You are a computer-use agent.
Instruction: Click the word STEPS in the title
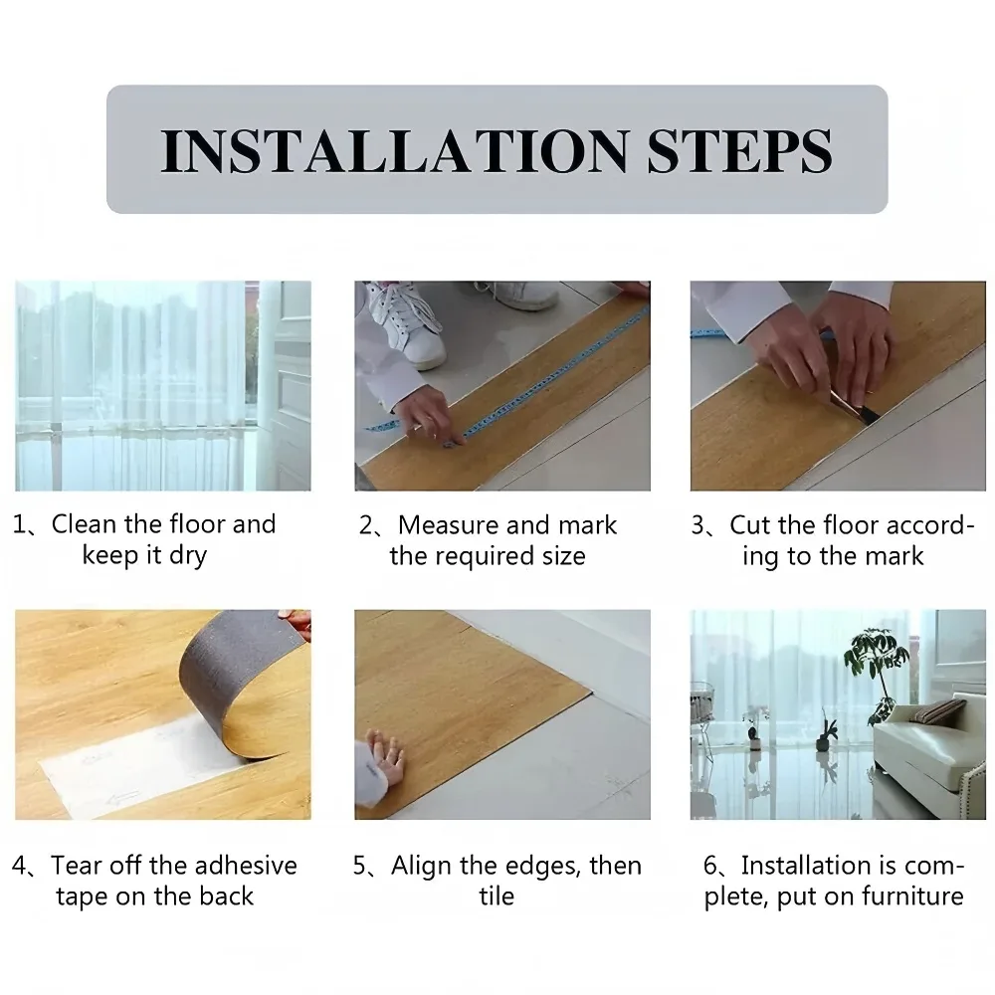(739, 151)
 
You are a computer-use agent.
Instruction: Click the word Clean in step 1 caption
(84, 524)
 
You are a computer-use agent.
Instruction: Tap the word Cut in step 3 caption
(750, 525)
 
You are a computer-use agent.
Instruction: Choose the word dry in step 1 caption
(188, 556)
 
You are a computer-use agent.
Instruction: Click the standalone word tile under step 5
(497, 896)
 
